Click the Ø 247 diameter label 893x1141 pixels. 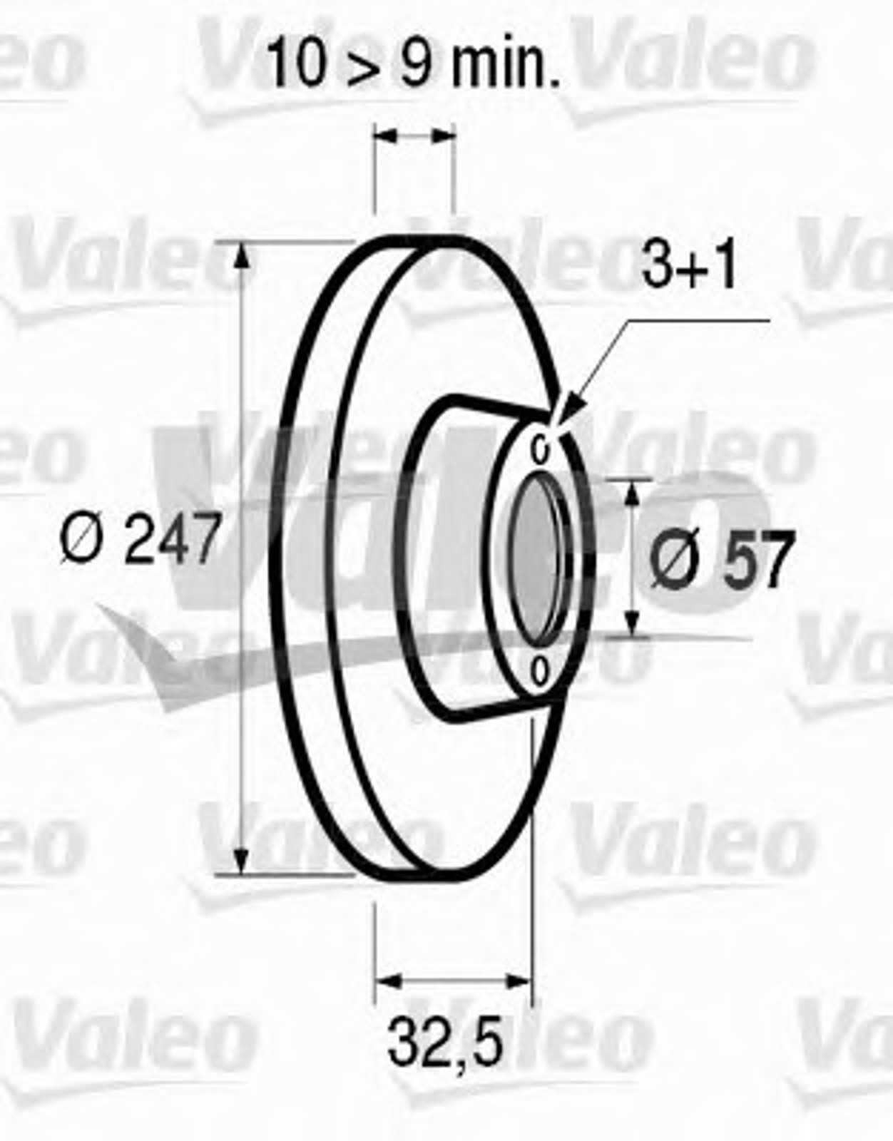140,538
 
